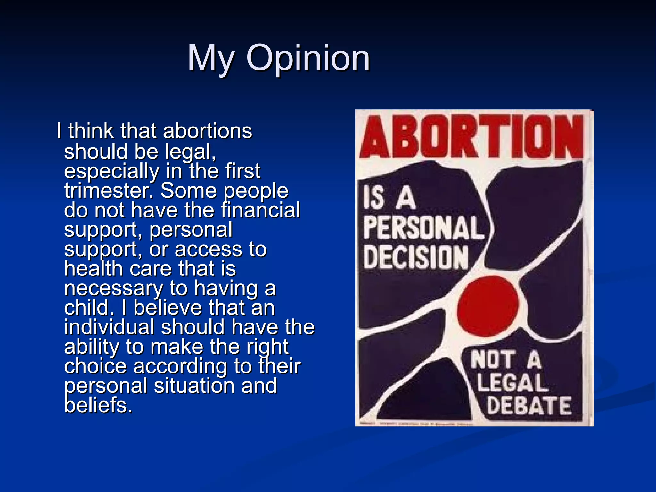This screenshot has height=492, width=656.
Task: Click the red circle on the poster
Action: pos(488,306)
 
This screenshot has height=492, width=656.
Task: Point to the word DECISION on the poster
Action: pos(416,258)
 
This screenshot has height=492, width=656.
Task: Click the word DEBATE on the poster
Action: pos(529,406)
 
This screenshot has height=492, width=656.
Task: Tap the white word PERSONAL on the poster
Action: pos(423,228)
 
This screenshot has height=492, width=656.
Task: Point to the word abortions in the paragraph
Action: pos(208,131)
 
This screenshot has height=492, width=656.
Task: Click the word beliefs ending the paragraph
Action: pos(98,405)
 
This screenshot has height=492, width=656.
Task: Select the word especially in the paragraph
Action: pos(111,171)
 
